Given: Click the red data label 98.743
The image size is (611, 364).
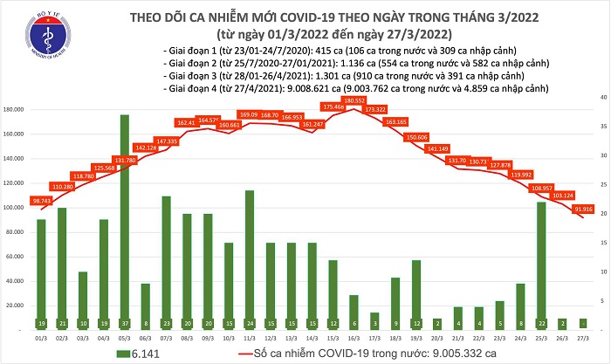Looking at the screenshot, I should tap(41, 201).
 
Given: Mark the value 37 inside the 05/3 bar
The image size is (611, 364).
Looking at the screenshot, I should tap(125, 322).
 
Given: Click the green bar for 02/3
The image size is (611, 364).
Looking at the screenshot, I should tap(62, 266).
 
